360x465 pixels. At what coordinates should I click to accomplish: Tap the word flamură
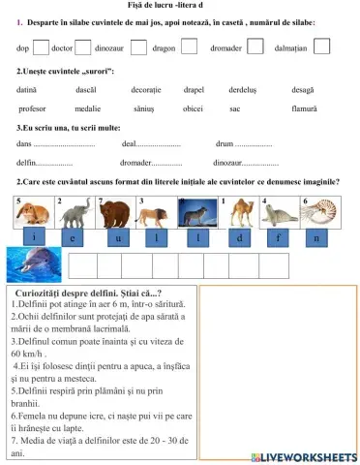click(x=304, y=108)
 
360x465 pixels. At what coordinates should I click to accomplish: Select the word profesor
click(x=32, y=108)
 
